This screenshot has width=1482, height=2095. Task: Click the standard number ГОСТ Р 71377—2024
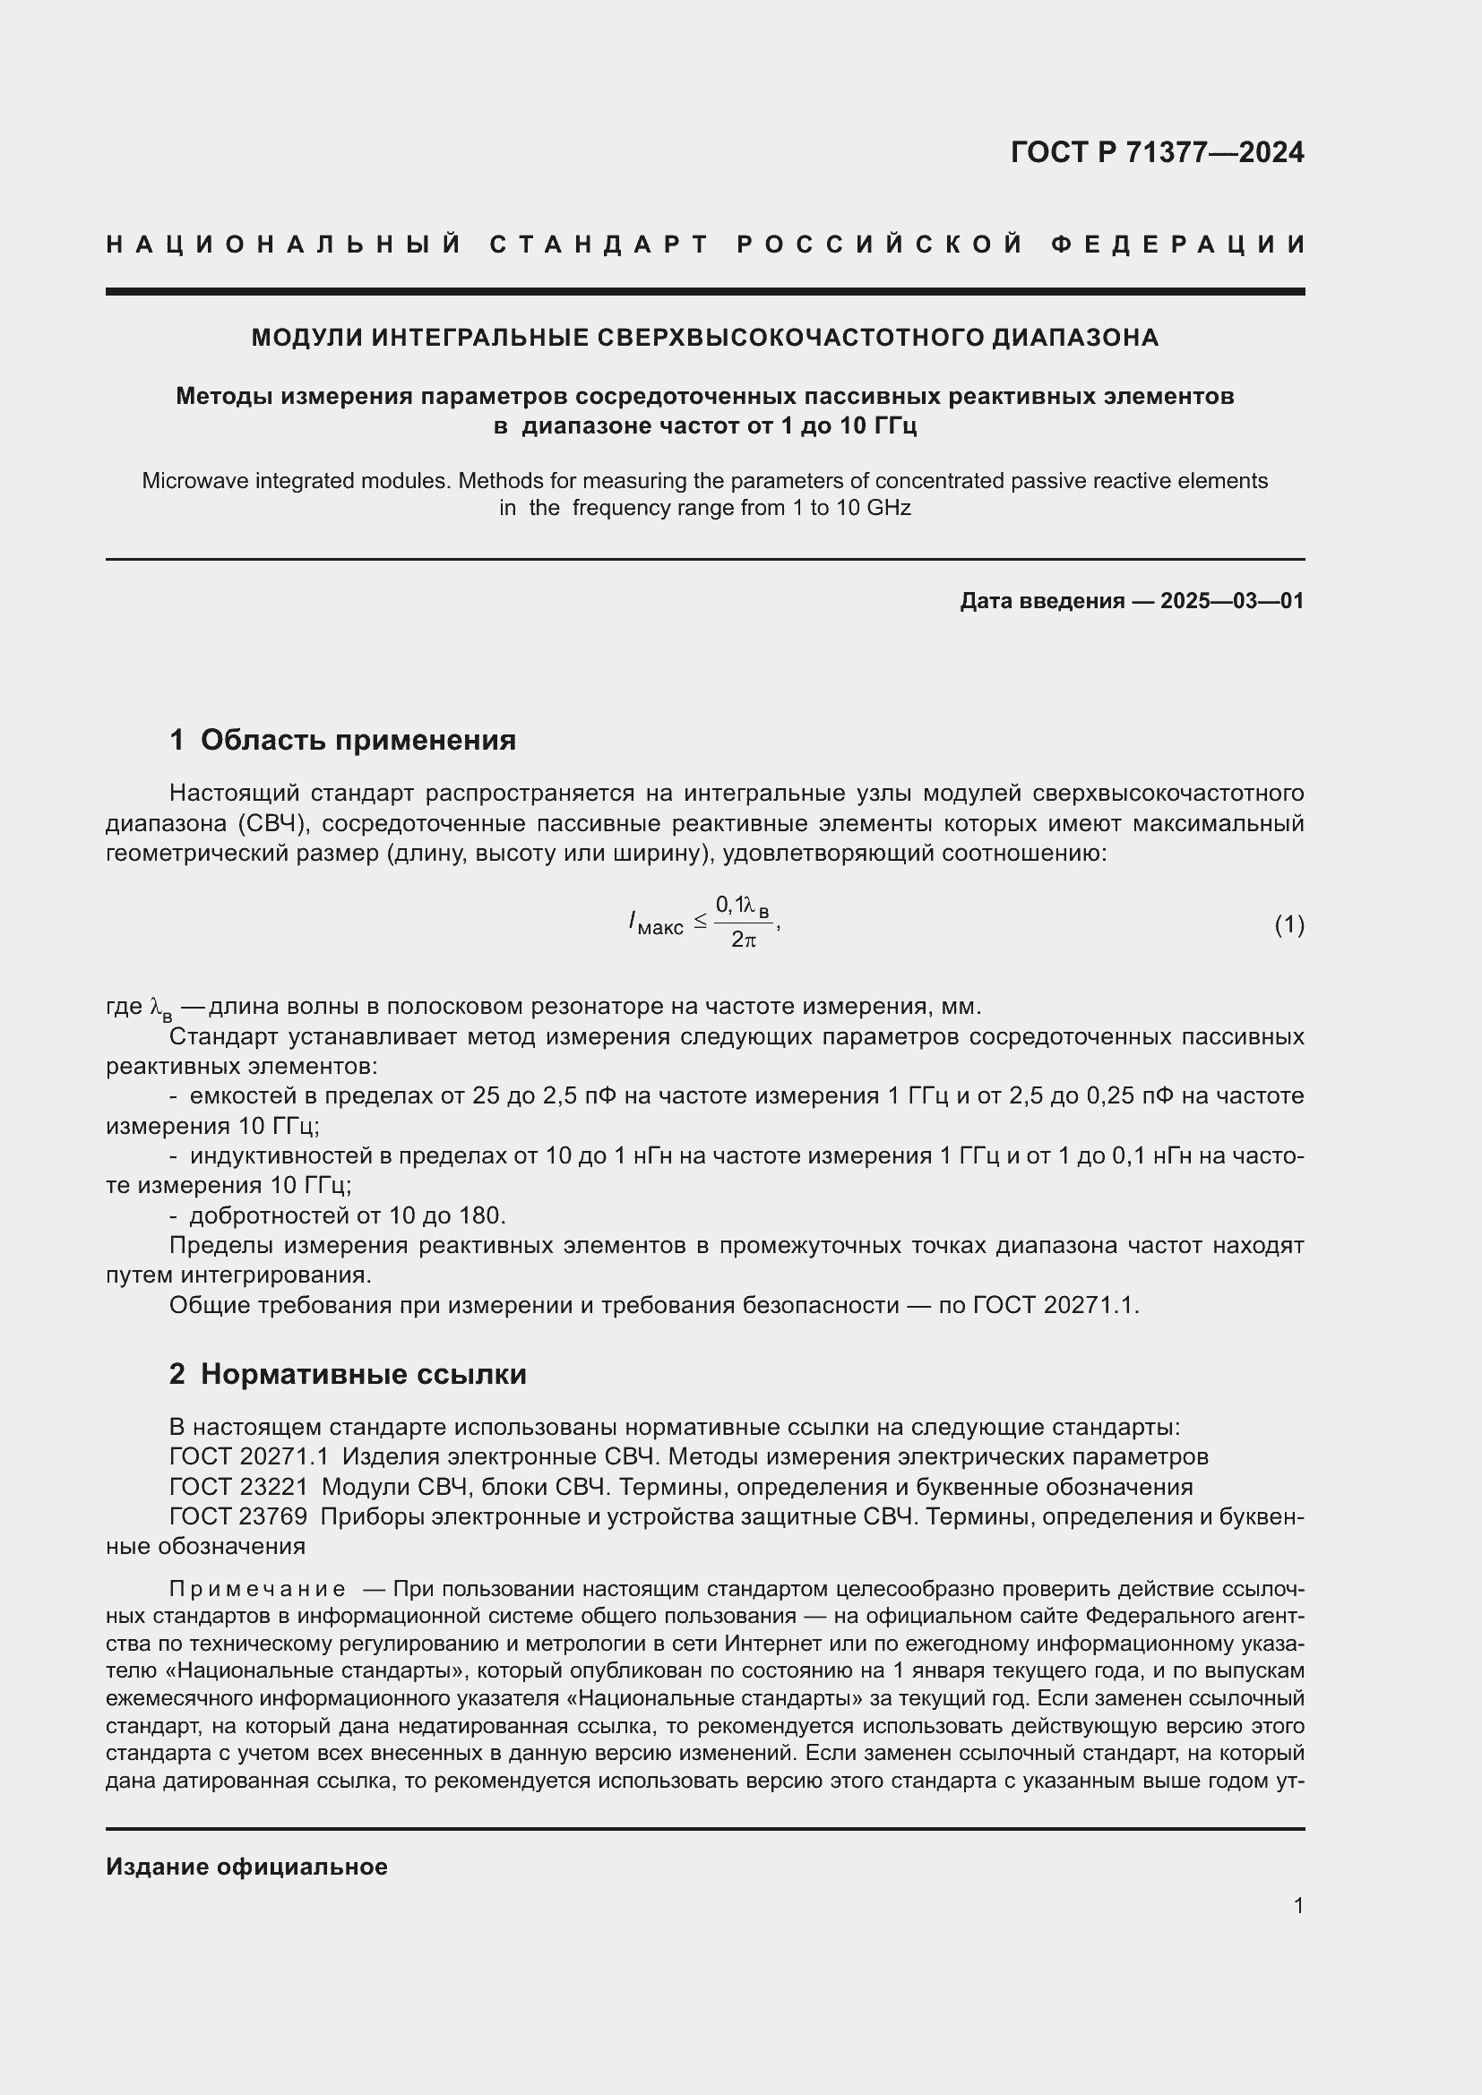click(x=1156, y=152)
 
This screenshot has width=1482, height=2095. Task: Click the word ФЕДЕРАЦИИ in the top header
click(x=1177, y=245)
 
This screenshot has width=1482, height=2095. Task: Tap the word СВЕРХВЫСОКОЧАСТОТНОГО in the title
click(x=791, y=338)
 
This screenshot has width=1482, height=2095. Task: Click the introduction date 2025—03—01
click(x=1232, y=600)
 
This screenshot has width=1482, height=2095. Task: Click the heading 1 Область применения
click(x=342, y=740)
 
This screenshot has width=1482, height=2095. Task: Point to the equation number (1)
click(x=1288, y=924)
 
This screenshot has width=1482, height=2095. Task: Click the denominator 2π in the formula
click(x=743, y=940)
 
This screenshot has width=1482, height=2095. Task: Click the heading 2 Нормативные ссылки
click(x=348, y=1374)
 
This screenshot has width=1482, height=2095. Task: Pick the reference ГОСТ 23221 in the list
click(x=239, y=1488)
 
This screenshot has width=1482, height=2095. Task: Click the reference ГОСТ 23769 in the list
click(x=239, y=1516)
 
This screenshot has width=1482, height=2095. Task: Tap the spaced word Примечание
click(x=258, y=1589)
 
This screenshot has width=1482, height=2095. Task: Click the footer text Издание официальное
click(x=246, y=1867)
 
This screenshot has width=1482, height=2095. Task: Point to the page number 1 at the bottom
click(x=1297, y=1905)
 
